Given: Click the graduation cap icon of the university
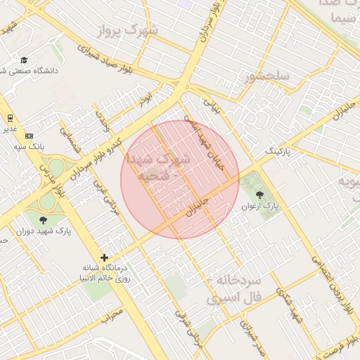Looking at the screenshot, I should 24,60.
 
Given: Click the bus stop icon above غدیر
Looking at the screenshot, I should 10,117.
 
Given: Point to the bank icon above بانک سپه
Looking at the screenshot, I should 29,135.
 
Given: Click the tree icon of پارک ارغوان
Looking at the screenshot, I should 259,194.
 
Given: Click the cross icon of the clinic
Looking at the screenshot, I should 105,258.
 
